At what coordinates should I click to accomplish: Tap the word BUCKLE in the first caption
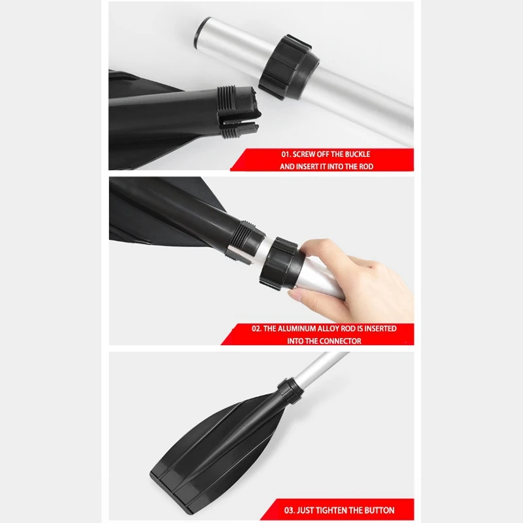tap(357, 154)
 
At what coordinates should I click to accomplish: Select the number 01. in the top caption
tap(287, 154)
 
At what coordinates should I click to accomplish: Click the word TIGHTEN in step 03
tap(340, 510)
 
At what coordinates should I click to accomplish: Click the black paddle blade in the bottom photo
tap(203, 445)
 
